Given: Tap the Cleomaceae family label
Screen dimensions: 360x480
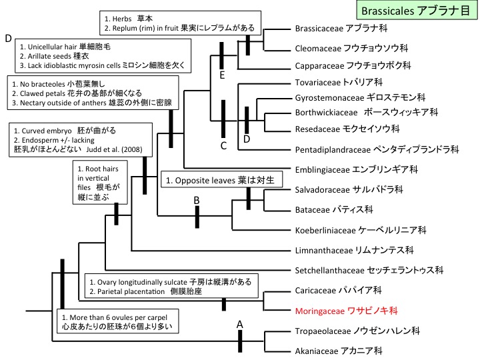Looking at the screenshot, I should coord(351,48).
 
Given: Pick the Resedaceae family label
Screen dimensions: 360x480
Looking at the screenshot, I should coord(347,128).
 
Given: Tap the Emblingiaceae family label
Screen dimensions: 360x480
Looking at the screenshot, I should coord(356,170).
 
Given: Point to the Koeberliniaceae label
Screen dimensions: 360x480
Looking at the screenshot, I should coord(360,230).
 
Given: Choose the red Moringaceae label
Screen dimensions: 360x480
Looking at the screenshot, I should coord(346,311).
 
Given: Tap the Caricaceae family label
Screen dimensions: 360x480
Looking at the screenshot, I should coord(338,291).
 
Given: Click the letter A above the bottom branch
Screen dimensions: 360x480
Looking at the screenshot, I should coord(239,324).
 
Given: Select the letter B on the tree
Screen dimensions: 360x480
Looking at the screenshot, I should coord(197,199).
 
